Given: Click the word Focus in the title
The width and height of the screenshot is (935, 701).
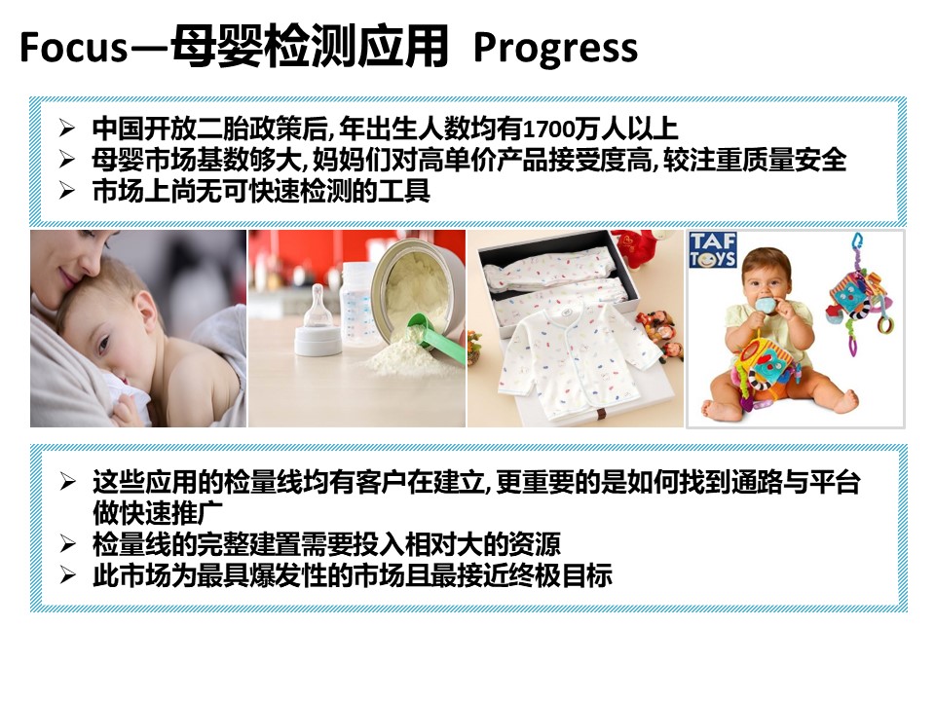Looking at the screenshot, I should [x=73, y=48].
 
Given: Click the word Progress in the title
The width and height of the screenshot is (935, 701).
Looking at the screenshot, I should [x=555, y=48].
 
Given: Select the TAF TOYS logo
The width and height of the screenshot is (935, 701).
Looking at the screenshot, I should [x=713, y=249].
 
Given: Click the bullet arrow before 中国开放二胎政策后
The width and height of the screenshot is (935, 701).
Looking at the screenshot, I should [x=66, y=128].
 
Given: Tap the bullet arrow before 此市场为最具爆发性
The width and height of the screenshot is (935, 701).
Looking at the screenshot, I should [x=66, y=575].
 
